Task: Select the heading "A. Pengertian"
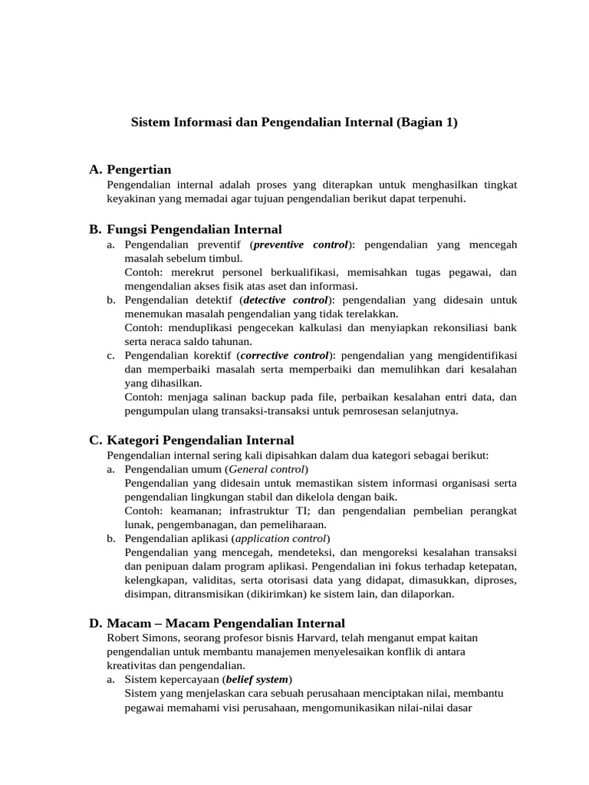(130, 169)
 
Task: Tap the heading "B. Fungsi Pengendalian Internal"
(186, 229)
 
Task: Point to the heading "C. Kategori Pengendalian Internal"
(192, 440)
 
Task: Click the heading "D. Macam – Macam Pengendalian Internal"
(217, 623)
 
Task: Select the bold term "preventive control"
(300, 245)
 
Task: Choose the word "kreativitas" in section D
(133, 665)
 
